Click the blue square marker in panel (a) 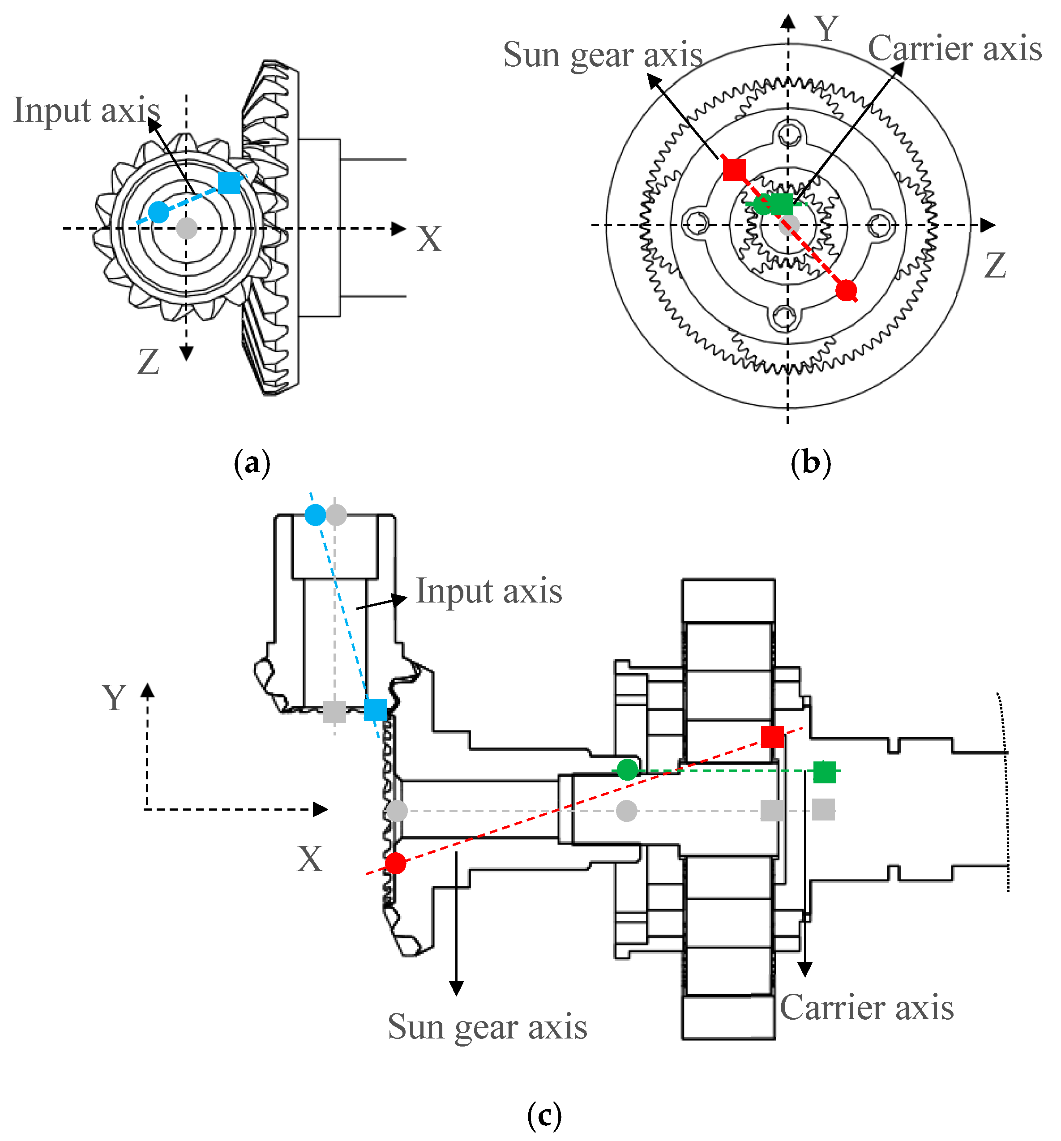tap(230, 183)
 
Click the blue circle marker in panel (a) tap(158, 212)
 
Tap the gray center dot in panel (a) tap(187, 228)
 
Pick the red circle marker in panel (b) tap(846, 291)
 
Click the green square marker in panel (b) tap(782, 204)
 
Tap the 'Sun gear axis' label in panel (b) tap(603, 55)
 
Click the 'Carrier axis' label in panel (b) tap(954, 48)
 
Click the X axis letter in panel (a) tap(429, 239)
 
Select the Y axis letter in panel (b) tap(827, 28)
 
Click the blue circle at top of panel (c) tap(315, 515)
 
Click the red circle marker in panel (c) tap(396, 863)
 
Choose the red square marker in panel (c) tap(772, 737)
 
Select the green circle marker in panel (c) tap(628, 769)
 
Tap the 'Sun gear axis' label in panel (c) tap(488, 1027)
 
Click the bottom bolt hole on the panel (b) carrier tap(784, 315)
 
